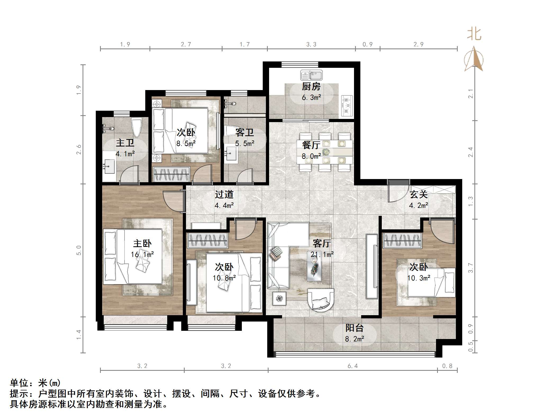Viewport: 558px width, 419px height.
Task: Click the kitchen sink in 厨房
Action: [311, 75]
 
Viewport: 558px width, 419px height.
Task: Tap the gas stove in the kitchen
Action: [347, 106]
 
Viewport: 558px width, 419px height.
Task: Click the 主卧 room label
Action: [142, 243]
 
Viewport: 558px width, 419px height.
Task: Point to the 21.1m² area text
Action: [322, 255]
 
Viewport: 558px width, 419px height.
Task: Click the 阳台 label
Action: [354, 328]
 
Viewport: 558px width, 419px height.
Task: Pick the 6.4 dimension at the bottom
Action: [352, 366]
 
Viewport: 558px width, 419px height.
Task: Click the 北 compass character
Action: [474, 34]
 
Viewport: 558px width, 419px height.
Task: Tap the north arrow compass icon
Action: [474, 60]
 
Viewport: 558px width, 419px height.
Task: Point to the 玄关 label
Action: [419, 195]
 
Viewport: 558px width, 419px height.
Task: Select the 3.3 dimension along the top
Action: [311, 44]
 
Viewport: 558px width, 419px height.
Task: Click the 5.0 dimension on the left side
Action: [79, 250]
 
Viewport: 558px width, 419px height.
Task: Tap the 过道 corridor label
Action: [224, 195]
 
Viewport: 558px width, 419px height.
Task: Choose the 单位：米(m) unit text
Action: [35, 383]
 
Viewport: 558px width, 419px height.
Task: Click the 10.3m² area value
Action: [419, 278]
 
